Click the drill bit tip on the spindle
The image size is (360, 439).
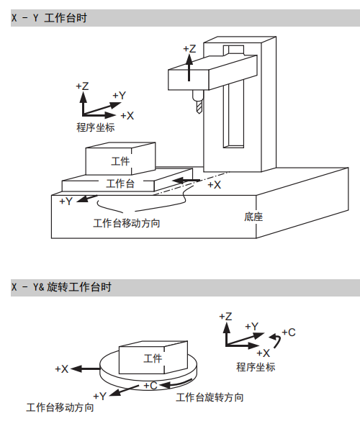point(199,113)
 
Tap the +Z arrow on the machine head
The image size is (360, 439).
point(189,68)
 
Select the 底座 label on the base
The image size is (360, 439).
point(253,217)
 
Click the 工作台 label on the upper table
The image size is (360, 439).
point(120,184)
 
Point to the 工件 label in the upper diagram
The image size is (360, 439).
point(120,161)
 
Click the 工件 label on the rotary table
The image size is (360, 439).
point(153,358)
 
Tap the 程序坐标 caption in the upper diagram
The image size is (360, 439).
point(96,127)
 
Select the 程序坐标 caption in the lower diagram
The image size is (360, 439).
point(256,367)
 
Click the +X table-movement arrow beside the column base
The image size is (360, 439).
point(186,181)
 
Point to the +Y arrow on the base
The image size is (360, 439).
point(87,198)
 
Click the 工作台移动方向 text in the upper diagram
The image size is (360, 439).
point(127,223)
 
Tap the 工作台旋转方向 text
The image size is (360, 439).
point(210,397)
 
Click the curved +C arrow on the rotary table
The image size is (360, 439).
point(176,384)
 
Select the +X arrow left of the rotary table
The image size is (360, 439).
point(86,368)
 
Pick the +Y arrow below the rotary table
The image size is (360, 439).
point(124,391)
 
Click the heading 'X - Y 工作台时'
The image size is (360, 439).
point(49,18)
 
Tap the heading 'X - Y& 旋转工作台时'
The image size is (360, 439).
point(61,287)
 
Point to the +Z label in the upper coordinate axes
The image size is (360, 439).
point(82,86)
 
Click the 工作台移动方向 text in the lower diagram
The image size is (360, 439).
point(60,407)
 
